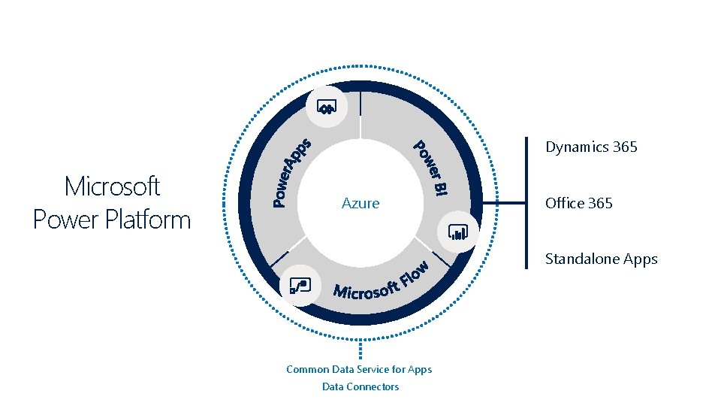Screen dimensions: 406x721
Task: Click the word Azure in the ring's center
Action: click(360, 203)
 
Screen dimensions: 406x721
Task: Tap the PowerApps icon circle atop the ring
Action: click(327, 107)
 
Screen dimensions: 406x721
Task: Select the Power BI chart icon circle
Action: click(458, 231)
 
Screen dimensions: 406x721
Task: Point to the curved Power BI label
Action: click(432, 168)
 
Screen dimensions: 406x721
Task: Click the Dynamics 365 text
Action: click(591, 147)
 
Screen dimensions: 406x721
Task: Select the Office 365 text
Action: click(578, 203)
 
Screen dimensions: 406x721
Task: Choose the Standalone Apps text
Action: click(601, 259)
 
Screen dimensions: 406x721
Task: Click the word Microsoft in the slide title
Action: click(113, 186)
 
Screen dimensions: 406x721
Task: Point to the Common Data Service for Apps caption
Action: click(359, 369)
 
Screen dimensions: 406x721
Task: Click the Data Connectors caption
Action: click(360, 386)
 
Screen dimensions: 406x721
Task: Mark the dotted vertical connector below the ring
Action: click(360, 350)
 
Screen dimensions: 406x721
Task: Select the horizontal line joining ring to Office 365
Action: click(503, 203)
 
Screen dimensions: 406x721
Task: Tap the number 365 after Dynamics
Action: click(624, 147)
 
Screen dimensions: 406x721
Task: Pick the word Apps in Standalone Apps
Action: click(640, 259)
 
